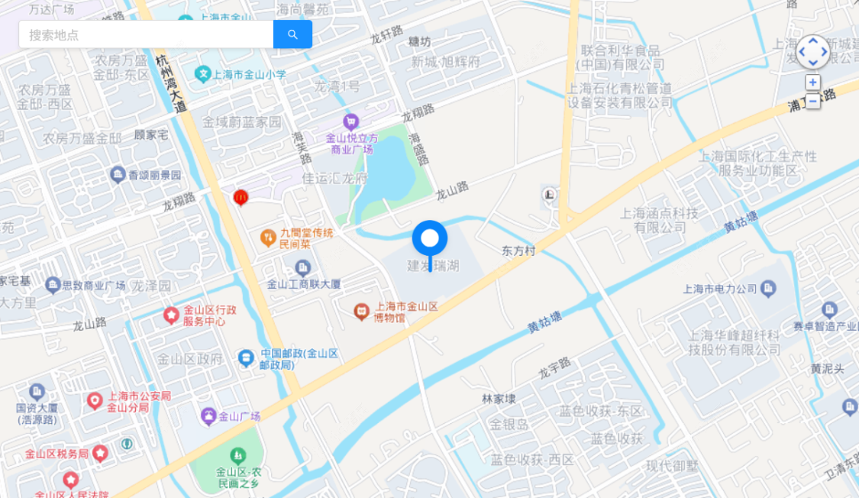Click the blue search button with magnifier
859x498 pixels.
click(x=292, y=34)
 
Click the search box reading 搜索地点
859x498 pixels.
click(x=146, y=34)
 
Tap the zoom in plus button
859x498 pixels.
click(x=812, y=82)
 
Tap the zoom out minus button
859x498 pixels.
click(x=812, y=100)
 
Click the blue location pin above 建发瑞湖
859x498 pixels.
click(x=430, y=239)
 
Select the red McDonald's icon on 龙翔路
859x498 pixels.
click(x=241, y=197)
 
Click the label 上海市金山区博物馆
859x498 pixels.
click(x=405, y=312)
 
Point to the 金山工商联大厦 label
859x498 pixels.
click(x=304, y=284)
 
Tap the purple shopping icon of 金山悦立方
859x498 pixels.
click(x=350, y=121)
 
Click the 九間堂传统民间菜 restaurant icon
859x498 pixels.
click(x=267, y=238)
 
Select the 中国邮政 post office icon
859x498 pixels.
click(x=246, y=357)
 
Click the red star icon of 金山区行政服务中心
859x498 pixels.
click(x=171, y=315)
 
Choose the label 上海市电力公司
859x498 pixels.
click(x=720, y=289)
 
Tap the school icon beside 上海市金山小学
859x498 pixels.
click(x=202, y=74)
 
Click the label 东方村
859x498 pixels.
click(x=518, y=251)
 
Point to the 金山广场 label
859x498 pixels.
click(x=240, y=416)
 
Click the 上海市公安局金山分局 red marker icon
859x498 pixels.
click(x=95, y=400)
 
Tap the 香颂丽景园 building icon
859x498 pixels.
click(x=118, y=175)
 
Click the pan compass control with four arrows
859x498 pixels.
click(x=812, y=52)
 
